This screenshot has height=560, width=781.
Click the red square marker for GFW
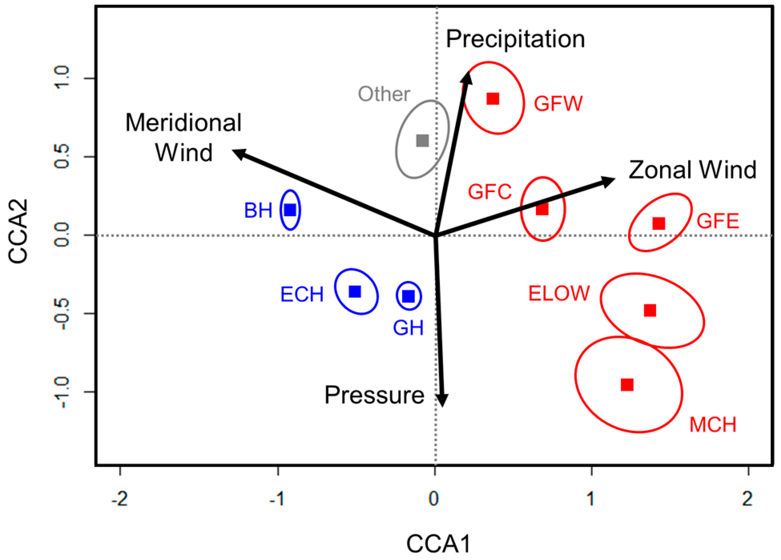point(493,99)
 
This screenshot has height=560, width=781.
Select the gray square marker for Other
point(422,141)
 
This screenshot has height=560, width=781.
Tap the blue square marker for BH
point(290,210)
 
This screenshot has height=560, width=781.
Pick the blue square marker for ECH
point(355,291)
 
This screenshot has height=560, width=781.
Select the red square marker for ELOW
point(650,310)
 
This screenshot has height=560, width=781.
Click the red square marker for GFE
point(659,224)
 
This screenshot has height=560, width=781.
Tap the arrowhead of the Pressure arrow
point(442,401)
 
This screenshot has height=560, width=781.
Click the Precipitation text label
point(515,39)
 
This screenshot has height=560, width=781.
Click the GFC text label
point(490,192)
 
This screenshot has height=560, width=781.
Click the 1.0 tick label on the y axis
point(63,78)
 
